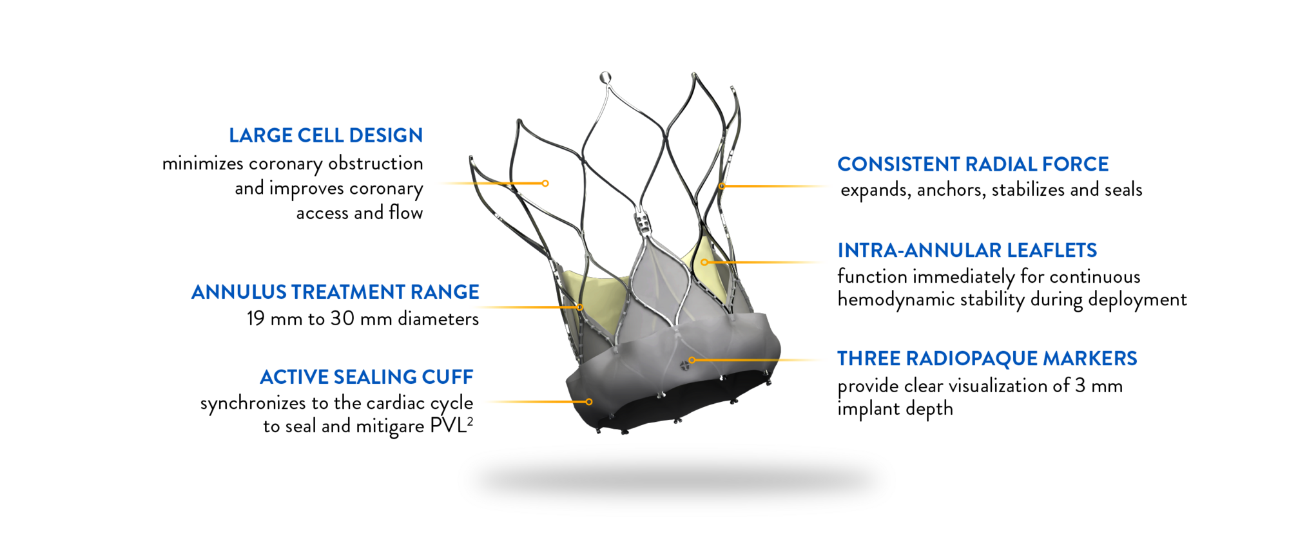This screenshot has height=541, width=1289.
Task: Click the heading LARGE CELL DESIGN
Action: click(326, 135)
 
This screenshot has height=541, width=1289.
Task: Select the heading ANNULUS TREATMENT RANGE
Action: click(335, 292)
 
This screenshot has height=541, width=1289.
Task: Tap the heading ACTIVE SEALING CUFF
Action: click(367, 377)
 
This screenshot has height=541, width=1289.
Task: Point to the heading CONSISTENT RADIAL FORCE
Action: click(973, 164)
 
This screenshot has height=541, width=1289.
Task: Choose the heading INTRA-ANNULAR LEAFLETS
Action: click(967, 250)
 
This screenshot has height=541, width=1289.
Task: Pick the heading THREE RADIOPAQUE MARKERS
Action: click(987, 358)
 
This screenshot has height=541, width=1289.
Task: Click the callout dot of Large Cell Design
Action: click(545, 184)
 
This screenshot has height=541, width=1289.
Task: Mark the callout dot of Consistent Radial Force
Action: click(722, 186)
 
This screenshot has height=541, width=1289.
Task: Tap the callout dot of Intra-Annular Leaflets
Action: click(704, 262)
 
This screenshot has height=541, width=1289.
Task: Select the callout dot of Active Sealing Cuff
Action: click(589, 402)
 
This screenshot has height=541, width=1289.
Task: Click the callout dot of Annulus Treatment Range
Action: click(580, 307)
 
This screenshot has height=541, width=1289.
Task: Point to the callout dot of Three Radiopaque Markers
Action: click(692, 360)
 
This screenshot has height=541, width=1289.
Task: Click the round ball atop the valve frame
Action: click(605, 78)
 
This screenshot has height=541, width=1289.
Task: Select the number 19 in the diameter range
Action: click(256, 319)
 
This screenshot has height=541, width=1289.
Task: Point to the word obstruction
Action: click(376, 164)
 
